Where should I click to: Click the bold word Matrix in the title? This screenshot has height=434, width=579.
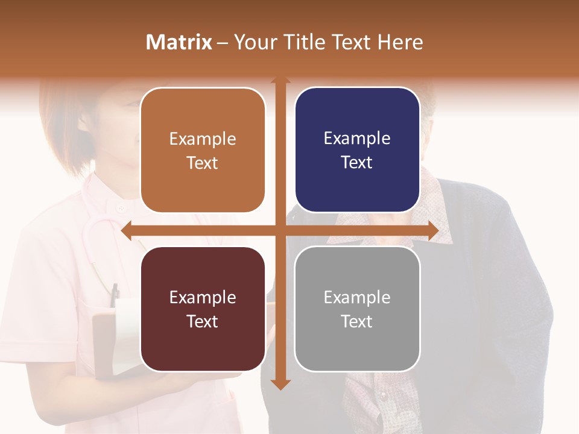coord(179,42)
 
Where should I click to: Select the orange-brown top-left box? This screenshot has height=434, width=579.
coord(203,150)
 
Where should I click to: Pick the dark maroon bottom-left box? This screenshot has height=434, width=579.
coord(203,309)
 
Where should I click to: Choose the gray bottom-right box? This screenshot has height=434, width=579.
coord(357,309)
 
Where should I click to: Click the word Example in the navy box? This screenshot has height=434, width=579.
coord(357,138)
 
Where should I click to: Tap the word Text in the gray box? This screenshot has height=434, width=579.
coord(357,321)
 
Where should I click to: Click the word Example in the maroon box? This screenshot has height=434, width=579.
coord(203,297)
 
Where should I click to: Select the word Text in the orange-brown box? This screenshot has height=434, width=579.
coord(203,163)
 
